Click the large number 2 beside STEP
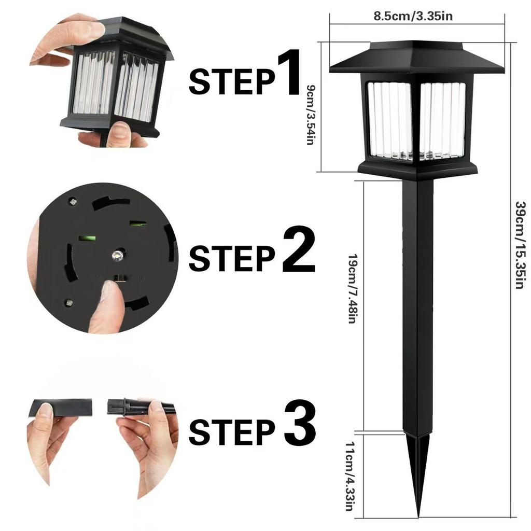(x=299, y=252)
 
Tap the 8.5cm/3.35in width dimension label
(x=413, y=16)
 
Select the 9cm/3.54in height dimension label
(x=311, y=115)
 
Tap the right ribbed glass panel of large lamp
(x=442, y=120)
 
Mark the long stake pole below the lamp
(x=417, y=311)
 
